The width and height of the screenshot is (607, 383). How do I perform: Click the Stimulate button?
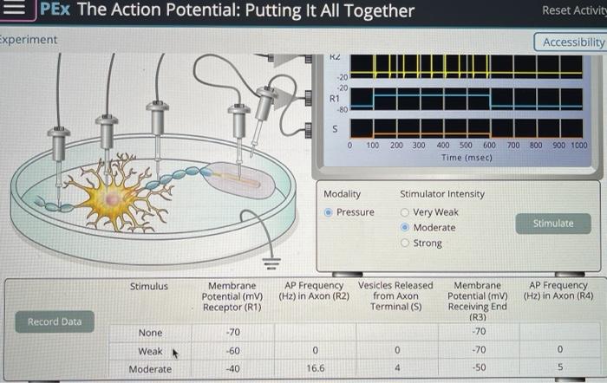click(553, 224)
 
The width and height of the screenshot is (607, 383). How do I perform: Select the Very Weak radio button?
click(405, 212)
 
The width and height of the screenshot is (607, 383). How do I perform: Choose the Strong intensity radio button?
click(405, 243)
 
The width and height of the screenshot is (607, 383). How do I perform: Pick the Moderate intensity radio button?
click(405, 228)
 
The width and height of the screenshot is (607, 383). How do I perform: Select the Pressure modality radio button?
click(328, 212)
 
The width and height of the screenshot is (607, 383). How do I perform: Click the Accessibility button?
click(572, 42)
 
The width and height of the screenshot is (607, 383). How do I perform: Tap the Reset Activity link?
click(573, 10)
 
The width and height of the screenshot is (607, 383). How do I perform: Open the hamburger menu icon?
click(20, 10)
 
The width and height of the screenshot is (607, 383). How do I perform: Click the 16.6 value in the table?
click(315, 368)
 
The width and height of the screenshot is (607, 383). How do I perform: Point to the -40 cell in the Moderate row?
click(232, 368)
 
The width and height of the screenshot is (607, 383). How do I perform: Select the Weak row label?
click(150, 351)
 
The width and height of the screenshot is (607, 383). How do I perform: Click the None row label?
click(150, 333)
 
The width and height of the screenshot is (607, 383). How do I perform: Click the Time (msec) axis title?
click(467, 158)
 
